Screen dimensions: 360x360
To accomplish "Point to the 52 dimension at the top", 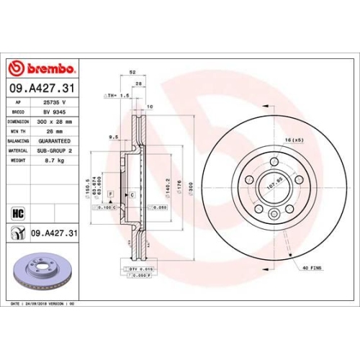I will click(132, 73).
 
